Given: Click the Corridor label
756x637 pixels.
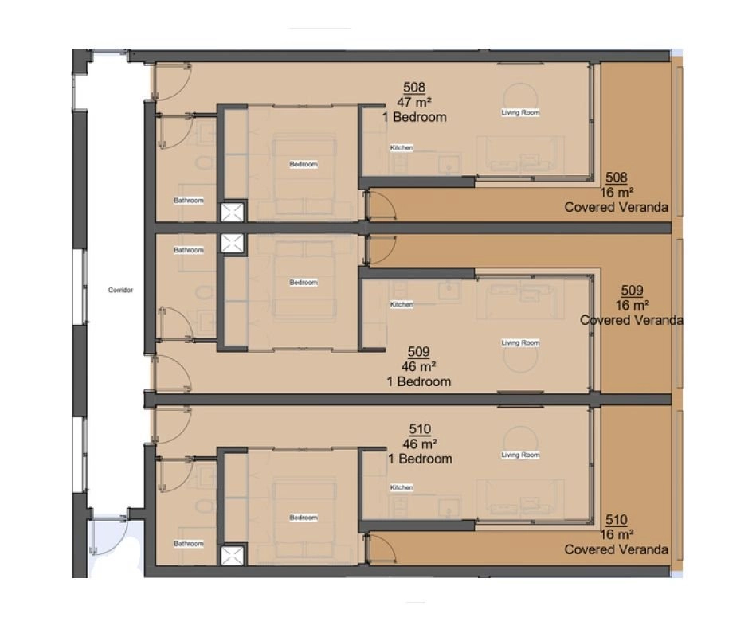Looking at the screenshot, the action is click(120, 290).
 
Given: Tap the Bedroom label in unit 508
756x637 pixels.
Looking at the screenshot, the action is click(304, 164).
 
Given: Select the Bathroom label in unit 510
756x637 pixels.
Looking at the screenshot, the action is click(189, 544).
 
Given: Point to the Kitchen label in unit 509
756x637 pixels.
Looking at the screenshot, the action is click(402, 304).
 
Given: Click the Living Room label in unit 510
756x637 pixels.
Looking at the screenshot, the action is click(521, 455).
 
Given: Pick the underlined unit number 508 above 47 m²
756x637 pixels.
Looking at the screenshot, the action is click(414, 88).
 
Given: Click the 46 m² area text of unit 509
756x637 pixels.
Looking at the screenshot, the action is click(418, 367).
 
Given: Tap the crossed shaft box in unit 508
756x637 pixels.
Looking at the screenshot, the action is click(233, 213).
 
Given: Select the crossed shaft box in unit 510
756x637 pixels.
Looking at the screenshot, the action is click(233, 556).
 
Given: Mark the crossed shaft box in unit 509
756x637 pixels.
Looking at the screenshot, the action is click(233, 243).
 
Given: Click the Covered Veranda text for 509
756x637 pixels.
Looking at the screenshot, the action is click(632, 320).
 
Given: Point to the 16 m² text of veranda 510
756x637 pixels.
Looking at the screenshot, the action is click(617, 535).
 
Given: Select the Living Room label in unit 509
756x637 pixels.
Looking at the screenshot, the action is click(521, 342).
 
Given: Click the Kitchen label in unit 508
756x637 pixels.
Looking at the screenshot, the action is click(402, 148).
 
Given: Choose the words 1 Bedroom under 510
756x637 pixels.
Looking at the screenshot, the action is click(421, 459).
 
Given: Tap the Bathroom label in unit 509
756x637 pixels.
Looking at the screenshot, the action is click(189, 250).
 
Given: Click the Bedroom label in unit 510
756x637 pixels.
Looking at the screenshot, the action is click(304, 518).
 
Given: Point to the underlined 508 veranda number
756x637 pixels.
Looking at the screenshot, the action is click(617, 178).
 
